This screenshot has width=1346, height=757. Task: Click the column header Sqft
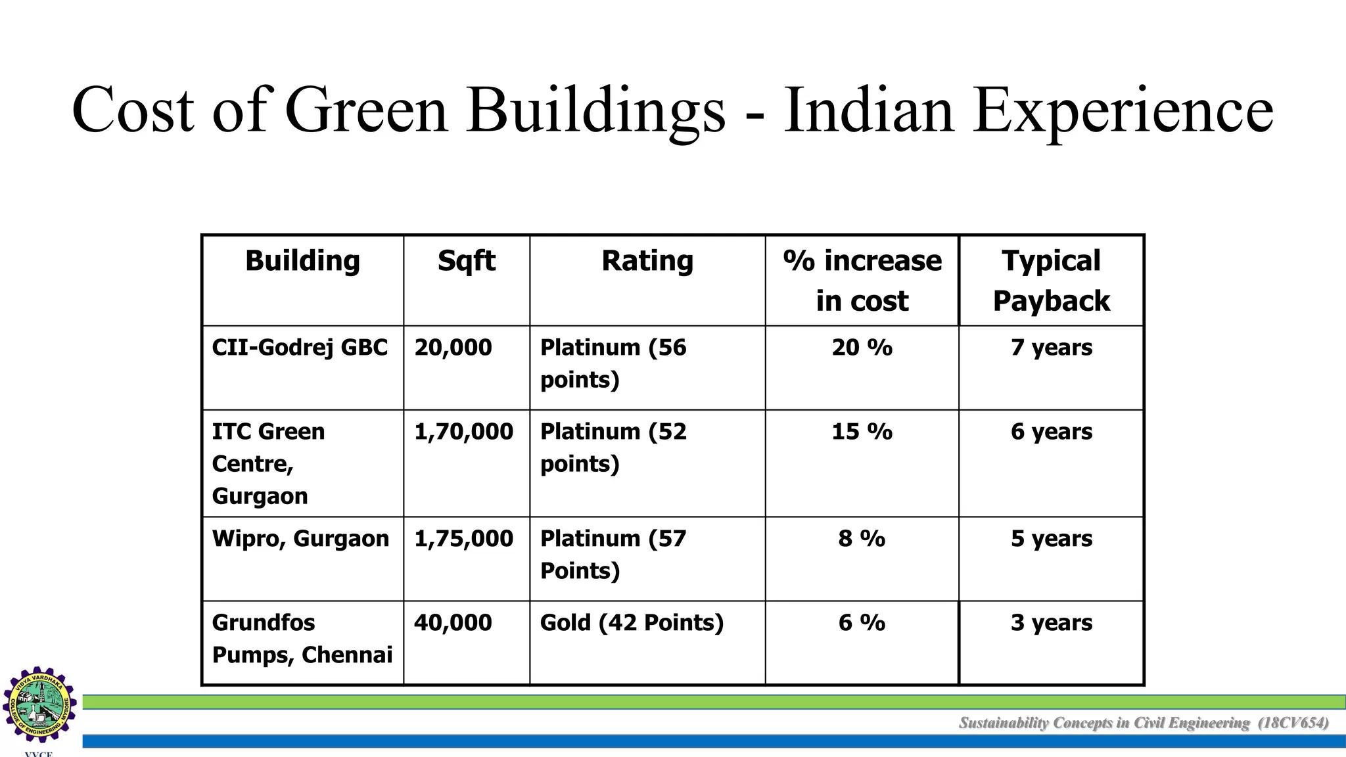tap(466, 262)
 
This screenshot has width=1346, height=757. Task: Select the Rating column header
tap(647, 262)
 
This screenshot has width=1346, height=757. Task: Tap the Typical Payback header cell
tap(1051, 281)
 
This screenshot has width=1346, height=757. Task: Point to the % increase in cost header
tap(862, 281)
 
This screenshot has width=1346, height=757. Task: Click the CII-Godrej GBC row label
tap(300, 348)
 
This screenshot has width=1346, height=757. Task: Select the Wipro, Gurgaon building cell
tap(300, 539)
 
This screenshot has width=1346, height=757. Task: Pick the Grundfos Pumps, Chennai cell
tap(302, 639)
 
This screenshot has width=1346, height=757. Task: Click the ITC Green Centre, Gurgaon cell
tap(268, 463)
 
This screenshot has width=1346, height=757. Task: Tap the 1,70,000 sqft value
tap(463, 432)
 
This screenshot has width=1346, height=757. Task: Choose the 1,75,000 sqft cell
tap(463, 539)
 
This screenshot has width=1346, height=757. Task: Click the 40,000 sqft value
tap(453, 623)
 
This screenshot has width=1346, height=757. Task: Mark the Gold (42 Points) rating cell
tap(632, 623)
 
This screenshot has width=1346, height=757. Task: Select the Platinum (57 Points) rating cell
tap(613, 555)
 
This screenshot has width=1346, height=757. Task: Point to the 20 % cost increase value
tap(862, 348)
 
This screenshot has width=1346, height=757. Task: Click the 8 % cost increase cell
tap(862, 539)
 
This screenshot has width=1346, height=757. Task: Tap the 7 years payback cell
tap(1052, 348)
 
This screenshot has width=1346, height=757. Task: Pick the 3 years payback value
tap(1052, 623)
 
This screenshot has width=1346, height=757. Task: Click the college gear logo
tap(39, 704)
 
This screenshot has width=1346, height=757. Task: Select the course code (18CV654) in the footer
tap(1293, 723)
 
